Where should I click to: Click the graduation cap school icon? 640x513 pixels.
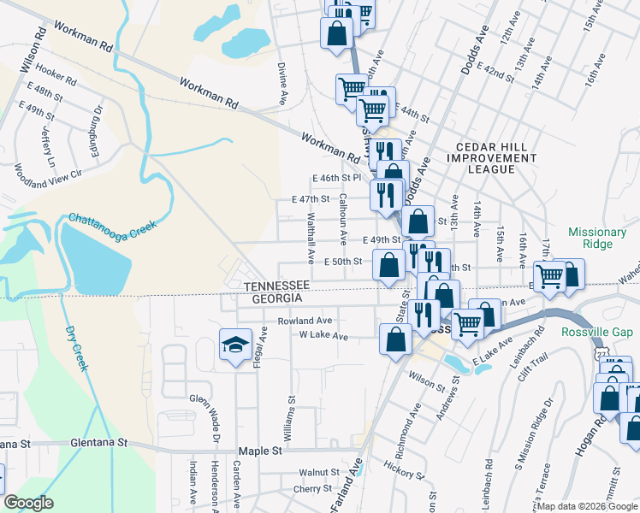point(234,345)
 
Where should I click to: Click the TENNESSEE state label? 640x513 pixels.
point(276,285)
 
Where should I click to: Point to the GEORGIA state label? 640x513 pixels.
point(276,298)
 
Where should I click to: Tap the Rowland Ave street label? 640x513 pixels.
point(305,321)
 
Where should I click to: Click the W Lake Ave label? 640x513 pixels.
point(318,336)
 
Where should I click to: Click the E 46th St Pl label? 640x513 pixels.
point(337,178)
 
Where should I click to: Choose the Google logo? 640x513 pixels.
point(29,503)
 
